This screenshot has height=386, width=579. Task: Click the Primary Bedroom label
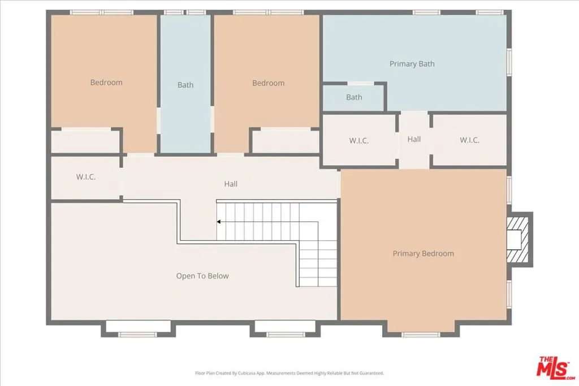click(423, 254)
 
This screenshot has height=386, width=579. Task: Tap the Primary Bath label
click(412, 64)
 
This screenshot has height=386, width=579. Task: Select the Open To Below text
click(202, 276)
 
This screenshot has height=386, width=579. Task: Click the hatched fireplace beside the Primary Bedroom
click(517, 239)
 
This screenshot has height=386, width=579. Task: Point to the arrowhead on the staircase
click(219, 222)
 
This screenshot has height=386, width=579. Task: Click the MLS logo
click(555, 367)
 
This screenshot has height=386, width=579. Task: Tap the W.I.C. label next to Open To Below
click(86, 177)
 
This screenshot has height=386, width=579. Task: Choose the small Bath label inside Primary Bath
click(354, 97)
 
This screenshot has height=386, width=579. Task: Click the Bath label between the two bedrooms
click(185, 85)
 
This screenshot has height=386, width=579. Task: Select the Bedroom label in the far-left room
click(106, 83)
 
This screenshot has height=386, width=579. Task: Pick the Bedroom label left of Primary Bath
click(269, 83)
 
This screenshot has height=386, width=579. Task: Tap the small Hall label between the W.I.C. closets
click(414, 139)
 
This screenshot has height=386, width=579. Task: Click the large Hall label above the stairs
click(231, 184)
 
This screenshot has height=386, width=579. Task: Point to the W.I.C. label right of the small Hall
click(469, 140)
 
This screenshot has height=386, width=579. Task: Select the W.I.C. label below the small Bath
click(358, 141)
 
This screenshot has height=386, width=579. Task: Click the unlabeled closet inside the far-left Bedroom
click(85, 141)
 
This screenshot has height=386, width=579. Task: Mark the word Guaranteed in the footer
click(370, 373)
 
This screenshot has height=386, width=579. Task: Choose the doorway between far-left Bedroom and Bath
click(159, 120)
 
